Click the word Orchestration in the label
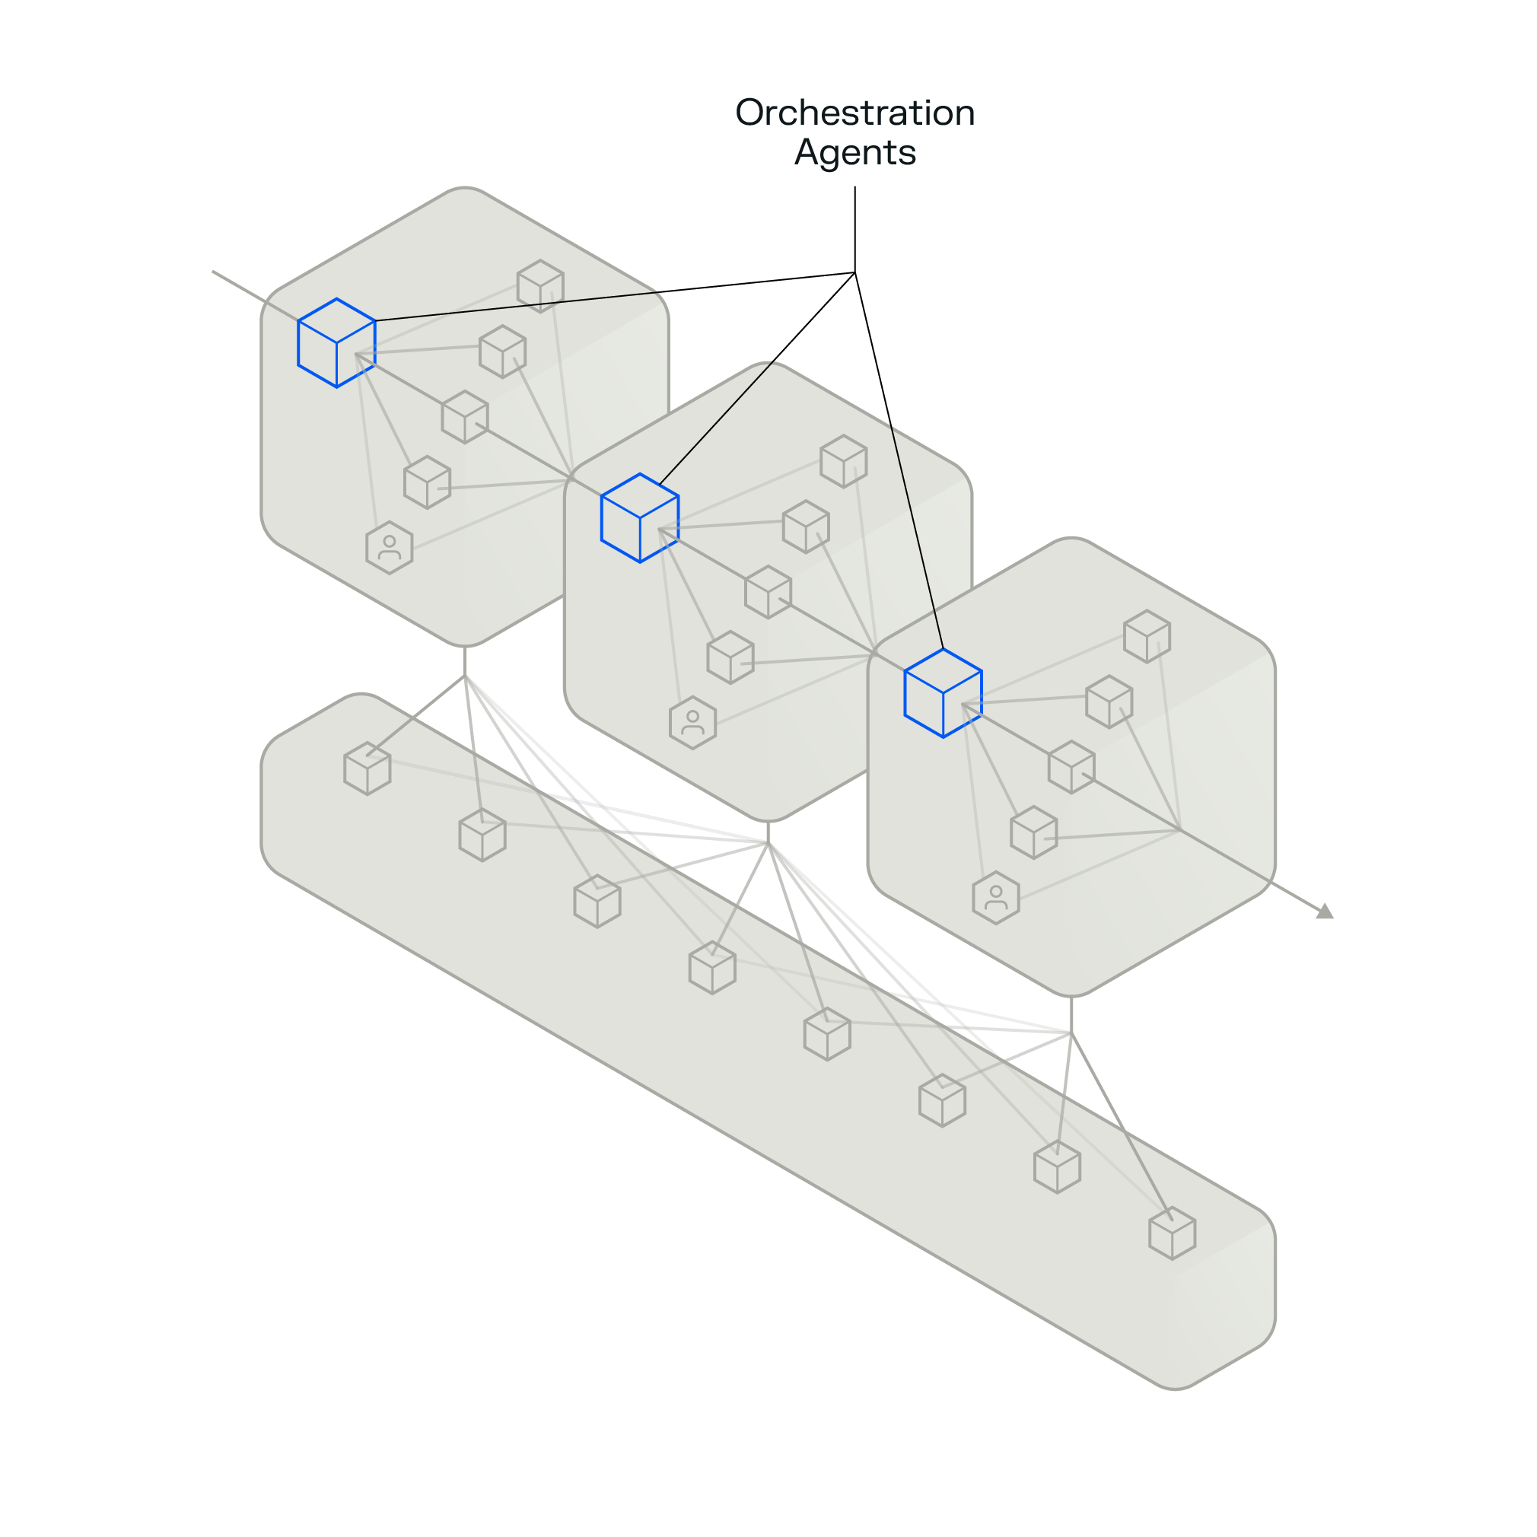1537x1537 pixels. (x=855, y=112)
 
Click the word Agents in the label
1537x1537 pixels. (x=855, y=152)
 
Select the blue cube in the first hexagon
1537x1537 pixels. (x=336, y=343)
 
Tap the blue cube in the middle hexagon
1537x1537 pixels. (x=640, y=518)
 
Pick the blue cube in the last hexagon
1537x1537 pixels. (x=943, y=693)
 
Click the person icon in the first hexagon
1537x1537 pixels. (x=389, y=547)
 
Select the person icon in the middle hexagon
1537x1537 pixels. (x=692, y=722)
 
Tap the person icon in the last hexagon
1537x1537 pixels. (x=995, y=897)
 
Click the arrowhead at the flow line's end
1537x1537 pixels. (x=1325, y=911)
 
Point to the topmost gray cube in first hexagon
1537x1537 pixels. (x=540, y=286)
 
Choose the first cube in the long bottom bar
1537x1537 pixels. (x=367, y=768)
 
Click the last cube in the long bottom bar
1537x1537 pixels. (x=1172, y=1233)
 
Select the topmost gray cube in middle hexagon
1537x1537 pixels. (x=843, y=461)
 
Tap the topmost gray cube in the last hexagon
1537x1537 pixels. (x=1147, y=636)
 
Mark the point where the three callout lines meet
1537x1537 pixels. (x=854, y=273)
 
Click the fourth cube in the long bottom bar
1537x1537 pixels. (x=712, y=967)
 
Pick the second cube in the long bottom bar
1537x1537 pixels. (x=482, y=835)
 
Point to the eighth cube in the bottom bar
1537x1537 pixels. (x=1172, y=1233)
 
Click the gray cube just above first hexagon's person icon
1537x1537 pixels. (x=427, y=482)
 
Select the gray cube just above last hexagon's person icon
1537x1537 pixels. (x=1033, y=832)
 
